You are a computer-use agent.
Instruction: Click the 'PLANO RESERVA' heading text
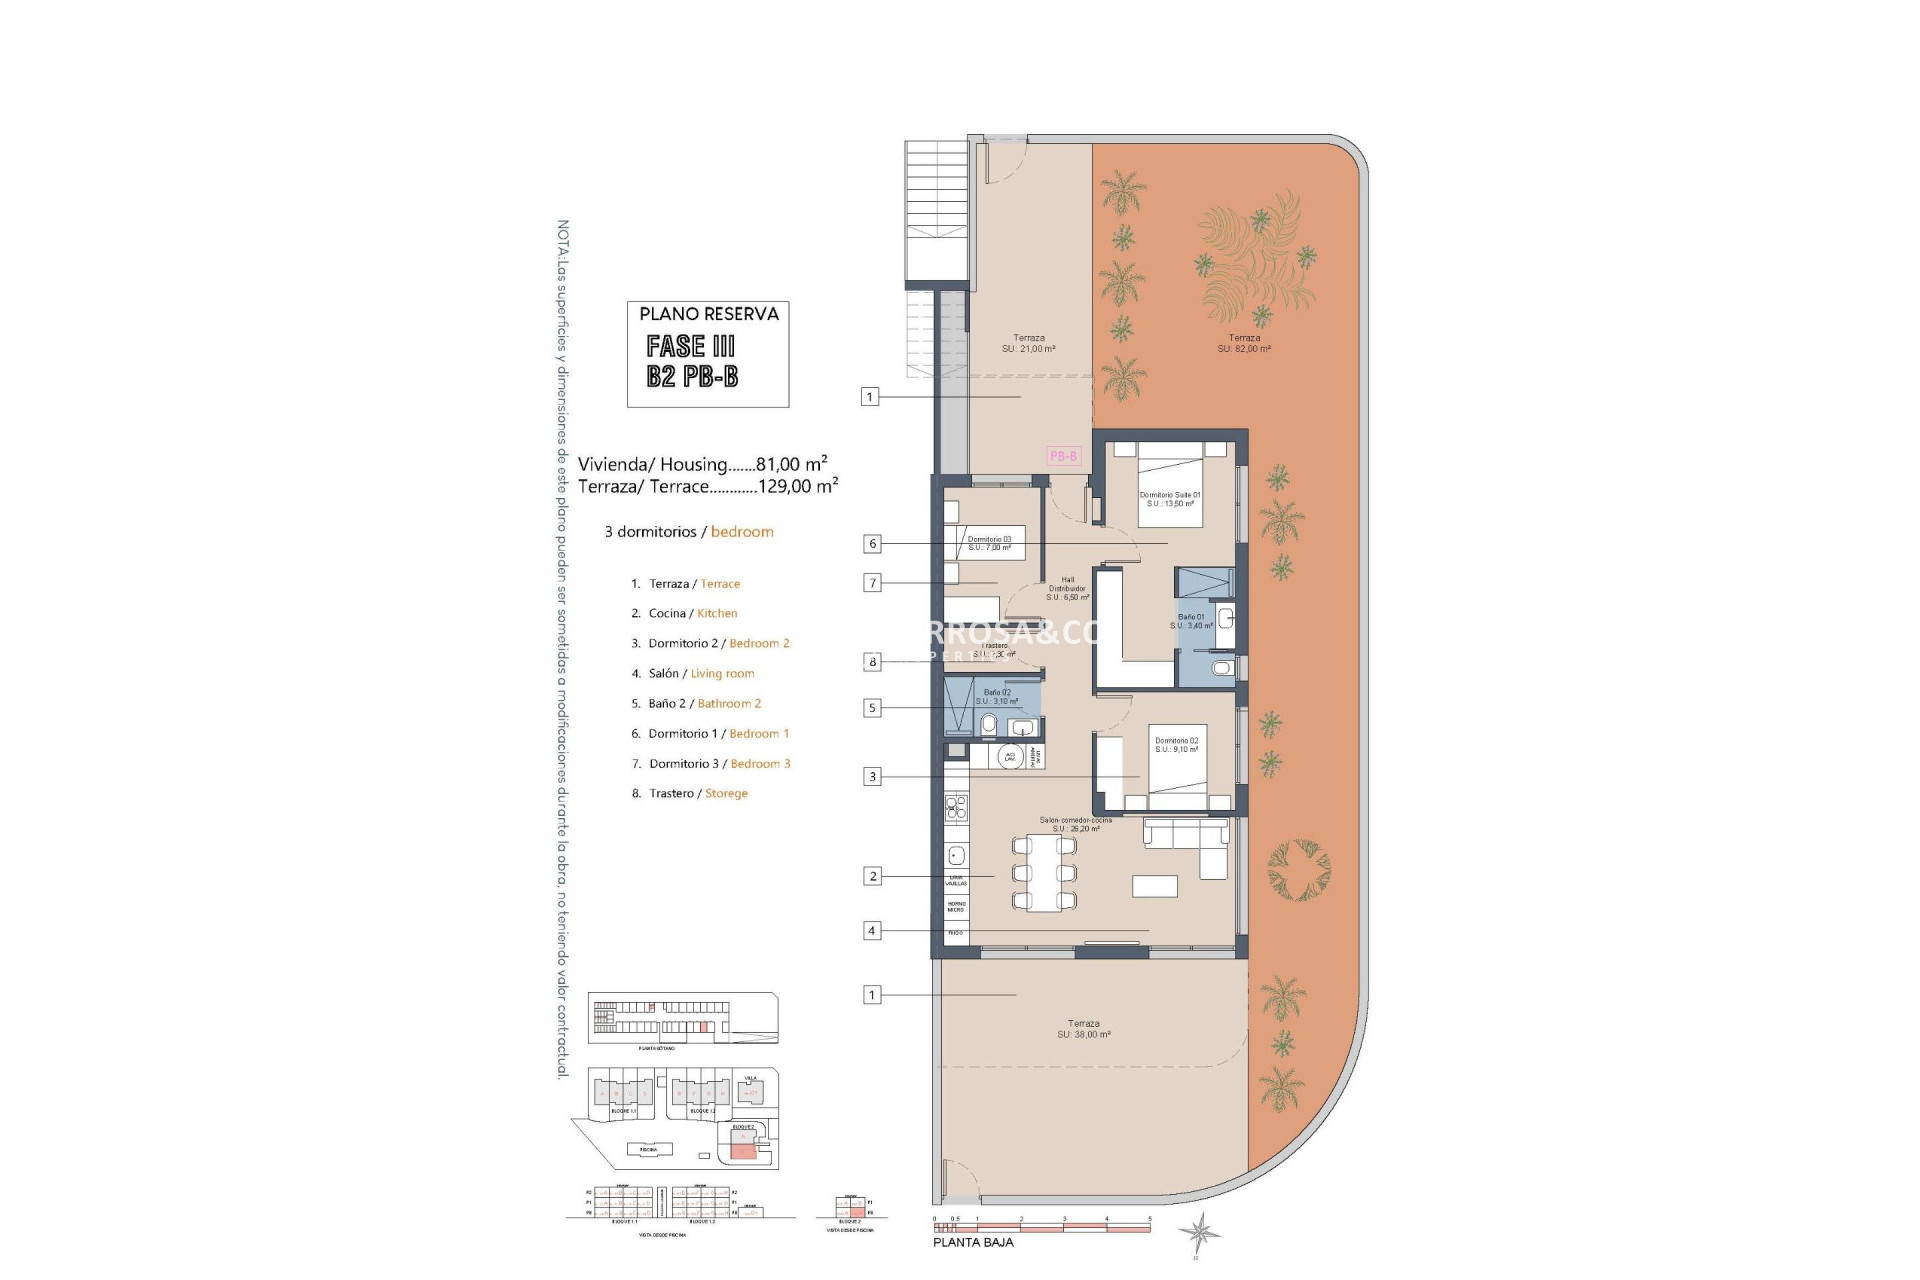click(x=708, y=314)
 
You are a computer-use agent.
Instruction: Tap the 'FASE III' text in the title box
click(x=690, y=347)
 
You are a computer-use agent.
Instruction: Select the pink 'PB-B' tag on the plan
click(x=1063, y=456)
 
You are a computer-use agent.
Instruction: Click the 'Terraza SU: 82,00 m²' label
click(x=1244, y=343)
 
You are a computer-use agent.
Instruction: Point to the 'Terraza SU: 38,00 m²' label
click(x=1084, y=1029)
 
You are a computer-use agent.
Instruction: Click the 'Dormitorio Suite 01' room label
click(x=1169, y=499)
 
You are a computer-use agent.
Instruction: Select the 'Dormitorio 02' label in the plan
click(x=1176, y=745)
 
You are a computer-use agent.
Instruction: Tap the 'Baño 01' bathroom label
click(x=1191, y=621)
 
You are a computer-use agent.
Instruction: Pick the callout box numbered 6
click(x=873, y=544)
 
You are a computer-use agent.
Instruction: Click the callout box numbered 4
click(x=872, y=931)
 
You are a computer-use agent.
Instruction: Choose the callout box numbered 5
click(x=872, y=708)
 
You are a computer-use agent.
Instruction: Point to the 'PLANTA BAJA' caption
click(x=972, y=1242)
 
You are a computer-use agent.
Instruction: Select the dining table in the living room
click(x=1044, y=873)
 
